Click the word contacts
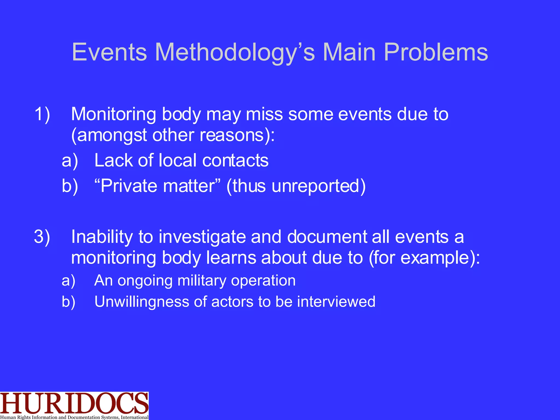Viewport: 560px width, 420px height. point(235,161)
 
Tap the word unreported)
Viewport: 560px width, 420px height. point(319,186)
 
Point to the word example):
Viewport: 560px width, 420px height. point(440,258)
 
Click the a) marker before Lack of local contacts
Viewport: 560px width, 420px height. point(70,161)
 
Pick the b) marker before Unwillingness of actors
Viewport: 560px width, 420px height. point(69,302)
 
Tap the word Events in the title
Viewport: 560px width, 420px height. point(109,52)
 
